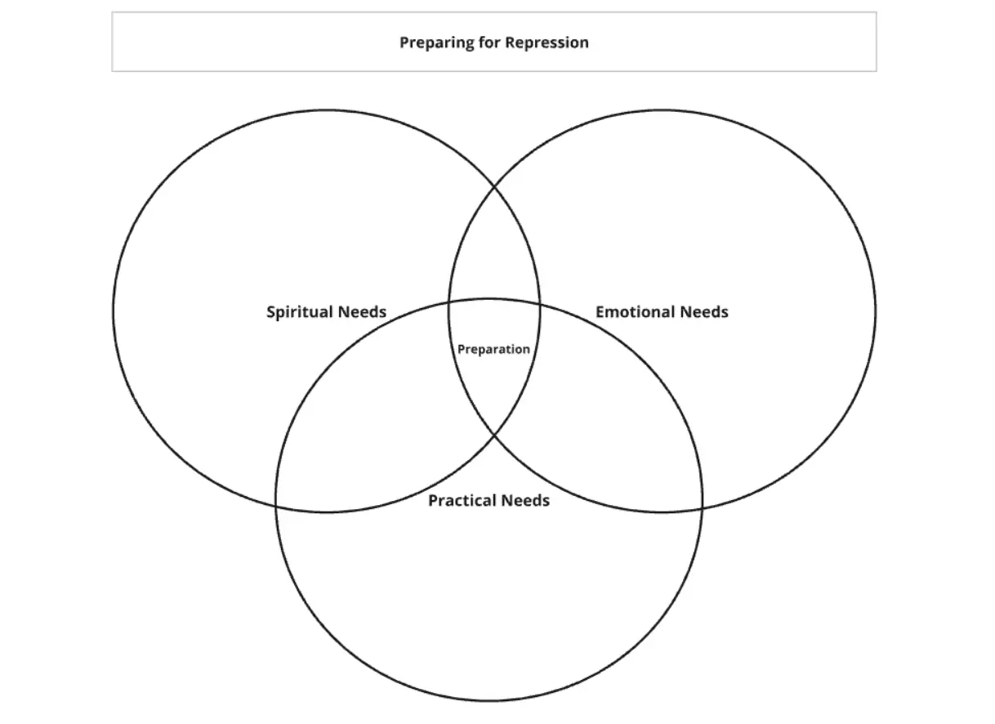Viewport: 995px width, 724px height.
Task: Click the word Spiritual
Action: [298, 312]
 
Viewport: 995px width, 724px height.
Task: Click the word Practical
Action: [459, 500]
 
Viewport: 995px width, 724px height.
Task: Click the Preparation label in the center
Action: [493, 350]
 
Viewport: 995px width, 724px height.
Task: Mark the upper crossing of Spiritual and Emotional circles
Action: [494, 187]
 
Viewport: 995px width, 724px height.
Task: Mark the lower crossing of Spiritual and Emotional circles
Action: [494, 436]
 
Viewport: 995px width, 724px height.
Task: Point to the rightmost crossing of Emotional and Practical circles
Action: [702, 507]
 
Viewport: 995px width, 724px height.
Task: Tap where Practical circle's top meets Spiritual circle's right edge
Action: [539, 305]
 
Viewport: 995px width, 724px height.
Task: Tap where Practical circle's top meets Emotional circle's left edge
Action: [448, 305]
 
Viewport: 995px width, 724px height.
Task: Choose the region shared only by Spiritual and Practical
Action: [368, 425]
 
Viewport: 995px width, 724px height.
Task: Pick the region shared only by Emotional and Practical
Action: [613, 425]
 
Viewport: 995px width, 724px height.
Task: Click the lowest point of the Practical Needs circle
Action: [489, 700]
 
